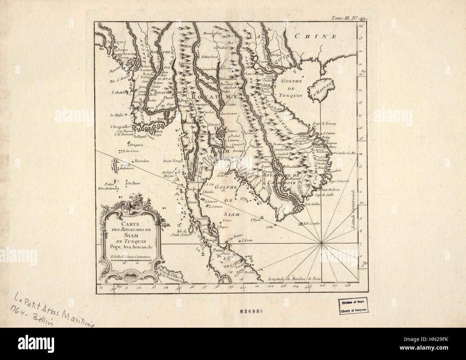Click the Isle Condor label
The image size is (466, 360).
[x=311, y=223]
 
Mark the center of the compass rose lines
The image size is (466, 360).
[x=320, y=244]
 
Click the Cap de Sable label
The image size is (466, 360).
[x=323, y=195]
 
